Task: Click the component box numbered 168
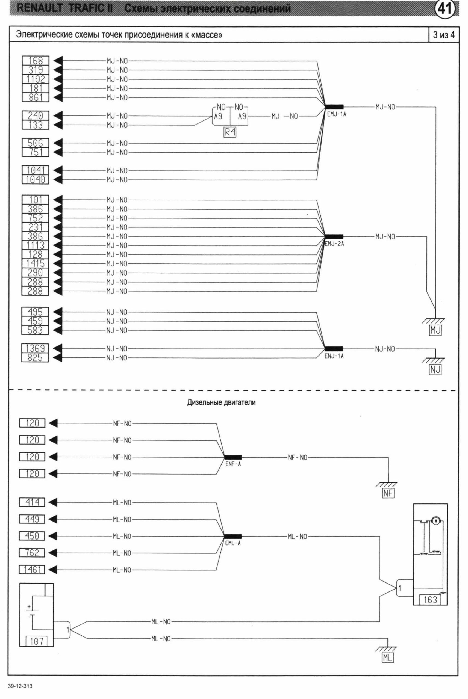click(35, 61)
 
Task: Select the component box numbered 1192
click(35, 79)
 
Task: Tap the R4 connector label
click(230, 132)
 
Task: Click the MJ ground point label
click(435, 330)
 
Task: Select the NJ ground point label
click(435, 370)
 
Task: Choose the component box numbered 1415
click(35, 263)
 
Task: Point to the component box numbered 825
click(35, 357)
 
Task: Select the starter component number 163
click(430, 600)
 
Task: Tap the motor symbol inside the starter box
click(436, 521)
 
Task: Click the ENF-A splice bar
click(233, 457)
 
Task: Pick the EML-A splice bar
click(233, 537)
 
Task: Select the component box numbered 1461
click(32, 570)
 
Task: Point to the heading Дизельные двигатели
click(221, 402)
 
